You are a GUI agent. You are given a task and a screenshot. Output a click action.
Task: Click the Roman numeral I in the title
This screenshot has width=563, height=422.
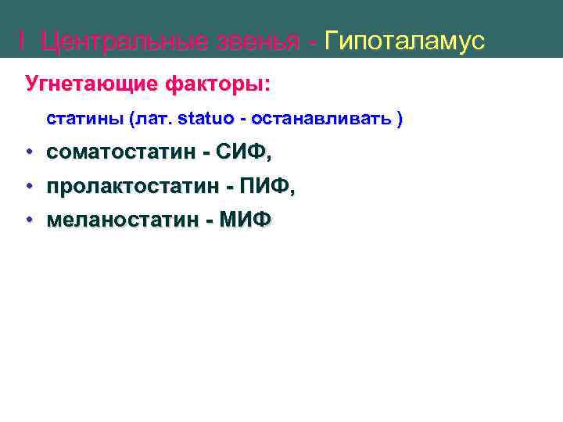pyautogui.click(x=22, y=41)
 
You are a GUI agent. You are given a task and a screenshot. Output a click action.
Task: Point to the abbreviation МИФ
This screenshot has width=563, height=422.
pyautogui.click(x=246, y=220)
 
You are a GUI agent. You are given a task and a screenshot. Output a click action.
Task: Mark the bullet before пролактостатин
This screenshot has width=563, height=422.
pyautogui.click(x=28, y=187)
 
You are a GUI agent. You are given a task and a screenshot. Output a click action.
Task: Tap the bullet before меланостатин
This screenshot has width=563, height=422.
pyautogui.click(x=28, y=220)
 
